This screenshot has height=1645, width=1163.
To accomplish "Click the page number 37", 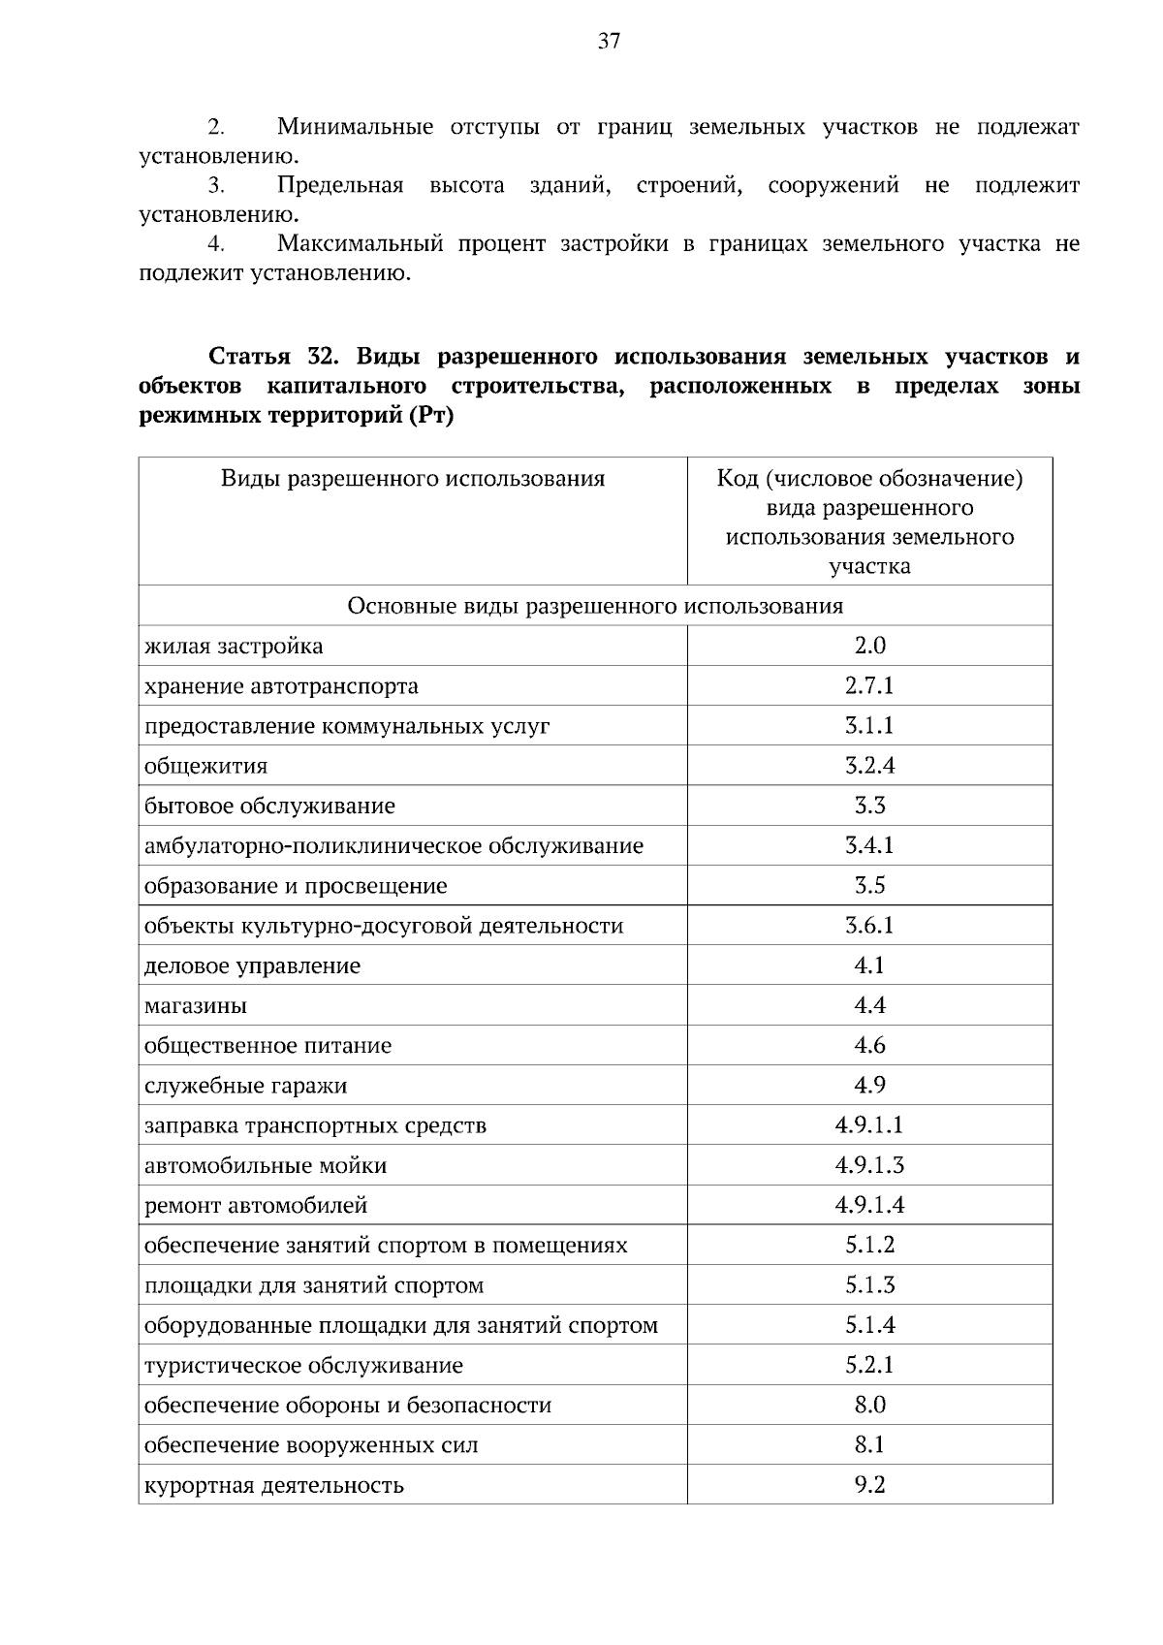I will click(x=609, y=42).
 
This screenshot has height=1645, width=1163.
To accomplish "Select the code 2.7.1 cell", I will click(x=869, y=686).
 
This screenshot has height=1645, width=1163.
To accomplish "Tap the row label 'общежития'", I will click(x=205, y=767).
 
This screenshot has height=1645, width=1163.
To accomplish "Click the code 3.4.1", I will click(x=869, y=845).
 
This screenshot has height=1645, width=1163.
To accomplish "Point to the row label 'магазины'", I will click(x=196, y=1006).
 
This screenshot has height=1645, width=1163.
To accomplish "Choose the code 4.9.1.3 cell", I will click(x=869, y=1165).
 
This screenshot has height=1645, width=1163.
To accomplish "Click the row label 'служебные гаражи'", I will click(x=245, y=1086).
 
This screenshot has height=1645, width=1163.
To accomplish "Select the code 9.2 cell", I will click(x=869, y=1484).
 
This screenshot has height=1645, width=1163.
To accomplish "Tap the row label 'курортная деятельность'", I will click(x=274, y=1485).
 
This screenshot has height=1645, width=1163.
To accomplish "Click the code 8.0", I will click(x=869, y=1405).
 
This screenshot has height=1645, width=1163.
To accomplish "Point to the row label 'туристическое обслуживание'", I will click(x=303, y=1366).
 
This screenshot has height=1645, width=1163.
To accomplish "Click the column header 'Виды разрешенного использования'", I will click(x=413, y=479).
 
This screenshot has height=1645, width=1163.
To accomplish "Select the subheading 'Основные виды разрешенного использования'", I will click(x=595, y=607).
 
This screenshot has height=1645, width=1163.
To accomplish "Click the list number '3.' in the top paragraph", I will click(x=216, y=186).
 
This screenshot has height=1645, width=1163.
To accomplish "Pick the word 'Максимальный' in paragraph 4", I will click(x=360, y=244).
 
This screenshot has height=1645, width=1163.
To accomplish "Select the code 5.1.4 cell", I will click(x=869, y=1325).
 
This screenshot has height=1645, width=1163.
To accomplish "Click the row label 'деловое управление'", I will click(x=252, y=966).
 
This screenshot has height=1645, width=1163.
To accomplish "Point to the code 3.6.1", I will click(x=869, y=926).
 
